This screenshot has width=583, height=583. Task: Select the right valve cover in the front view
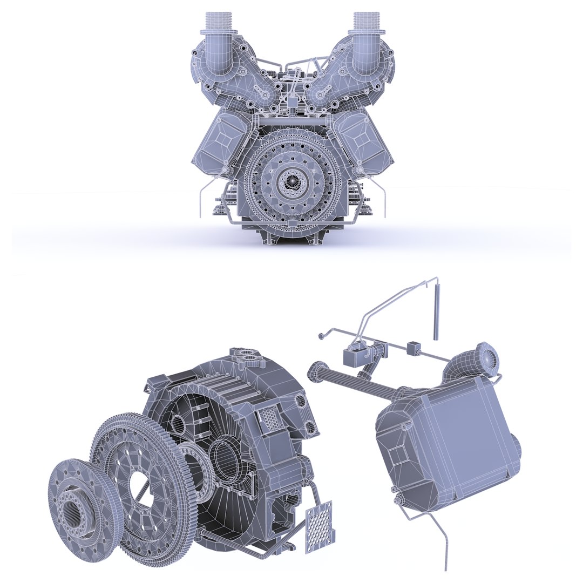click(362, 137)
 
